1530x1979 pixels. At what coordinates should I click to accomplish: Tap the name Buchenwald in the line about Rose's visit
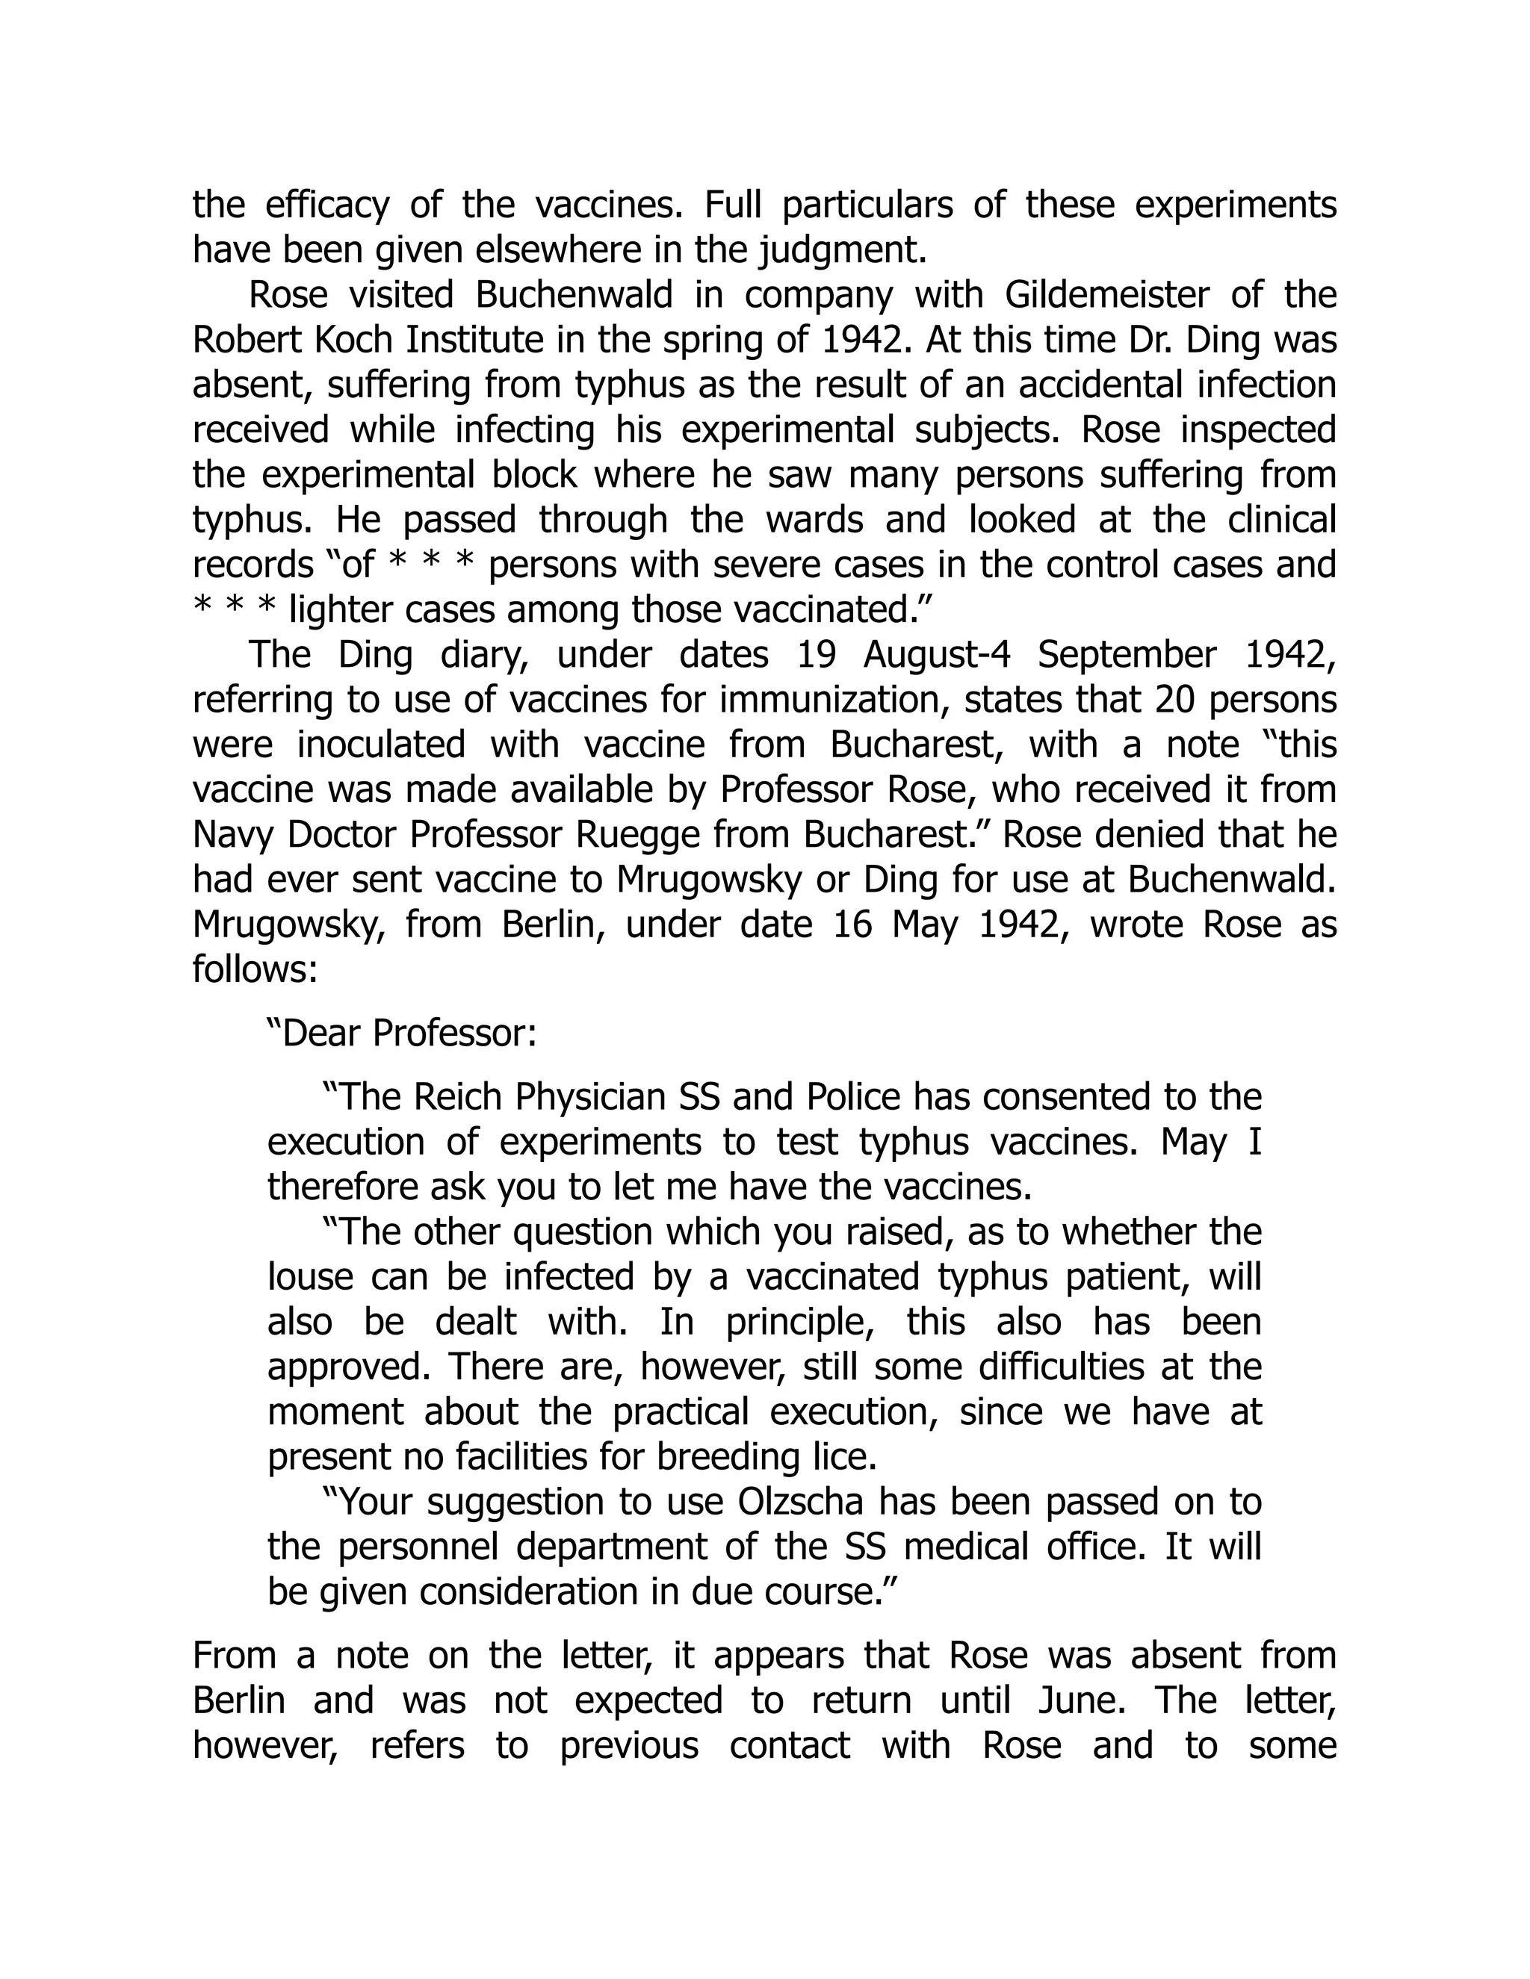[574, 296]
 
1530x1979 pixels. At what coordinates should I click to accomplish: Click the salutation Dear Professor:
[401, 1034]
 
